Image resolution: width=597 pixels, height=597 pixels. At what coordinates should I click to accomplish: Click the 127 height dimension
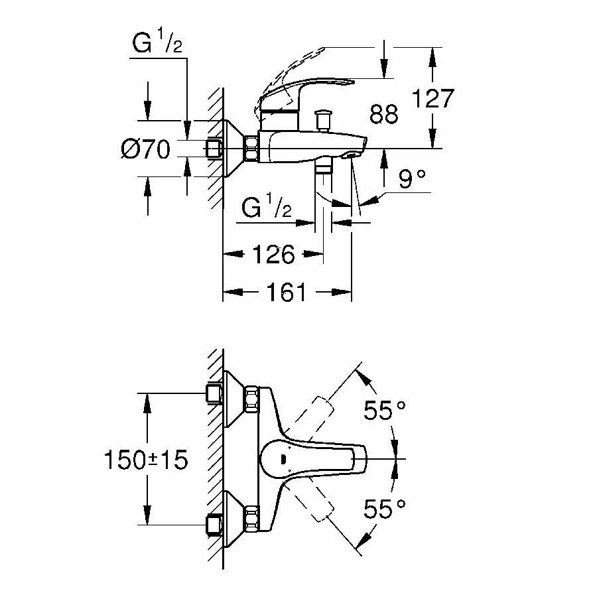[x=433, y=99]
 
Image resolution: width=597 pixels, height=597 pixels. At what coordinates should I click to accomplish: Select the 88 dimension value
[x=384, y=114]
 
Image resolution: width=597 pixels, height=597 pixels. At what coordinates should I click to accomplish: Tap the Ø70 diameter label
[x=145, y=149]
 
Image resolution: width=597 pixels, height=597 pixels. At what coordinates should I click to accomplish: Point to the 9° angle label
[x=412, y=178]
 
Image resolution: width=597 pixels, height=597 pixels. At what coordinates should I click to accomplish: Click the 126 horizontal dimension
[x=273, y=254]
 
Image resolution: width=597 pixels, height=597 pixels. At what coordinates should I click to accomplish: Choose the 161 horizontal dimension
[x=287, y=293]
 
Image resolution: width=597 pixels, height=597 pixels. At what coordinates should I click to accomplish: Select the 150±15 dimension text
[x=146, y=460]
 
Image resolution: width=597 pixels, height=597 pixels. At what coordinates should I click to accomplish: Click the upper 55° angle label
[x=385, y=411]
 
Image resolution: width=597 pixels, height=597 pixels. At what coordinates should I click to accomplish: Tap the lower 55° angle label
[x=385, y=509]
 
